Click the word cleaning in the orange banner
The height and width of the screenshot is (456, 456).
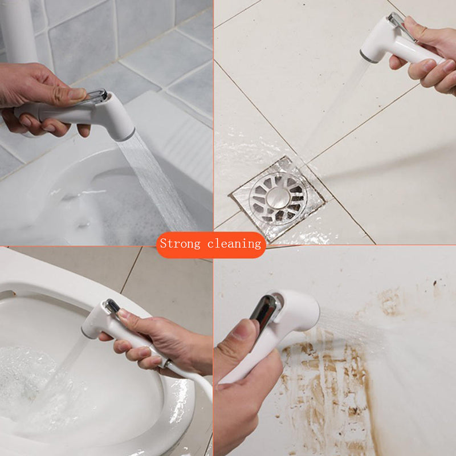234,244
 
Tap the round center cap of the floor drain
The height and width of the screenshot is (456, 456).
279,197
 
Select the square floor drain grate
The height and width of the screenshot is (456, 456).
278,199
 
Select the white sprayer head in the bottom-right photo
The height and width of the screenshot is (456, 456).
296,311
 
